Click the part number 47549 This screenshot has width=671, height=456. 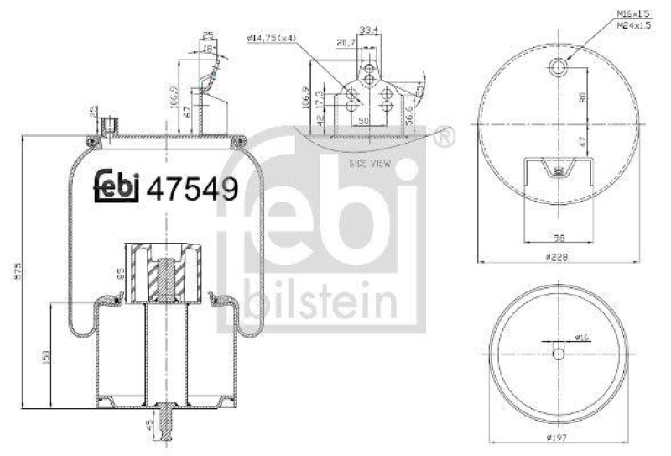click(x=192, y=187)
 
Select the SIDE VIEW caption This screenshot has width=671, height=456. click(x=370, y=165)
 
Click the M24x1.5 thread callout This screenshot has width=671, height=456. click(x=634, y=25)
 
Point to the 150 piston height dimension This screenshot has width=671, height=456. click(x=47, y=356)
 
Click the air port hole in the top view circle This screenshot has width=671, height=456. click(x=559, y=66)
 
